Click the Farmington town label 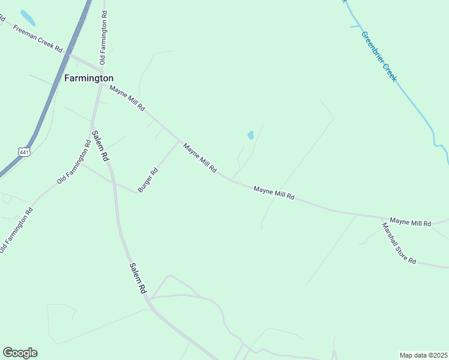click(89, 78)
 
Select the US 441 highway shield click(24, 153)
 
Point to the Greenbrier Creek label click(379, 56)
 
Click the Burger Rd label click(148, 179)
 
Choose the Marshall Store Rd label click(399, 243)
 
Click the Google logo click(20, 353)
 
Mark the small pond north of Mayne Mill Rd click(250, 136)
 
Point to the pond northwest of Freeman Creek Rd click(28, 18)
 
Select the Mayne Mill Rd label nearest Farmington click(127, 98)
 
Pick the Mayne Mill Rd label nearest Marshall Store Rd click(411, 223)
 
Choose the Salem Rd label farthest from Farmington click(138, 278)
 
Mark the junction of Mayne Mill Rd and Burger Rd click(179, 142)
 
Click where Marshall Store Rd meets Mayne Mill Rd click(382, 218)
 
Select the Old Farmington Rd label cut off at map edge click(16, 230)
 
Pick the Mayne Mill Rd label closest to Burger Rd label click(200, 158)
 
